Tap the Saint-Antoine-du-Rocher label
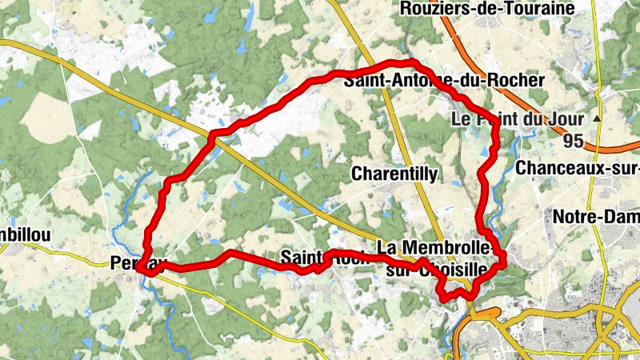(x=443, y=80)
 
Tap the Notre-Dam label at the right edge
(x=596, y=217)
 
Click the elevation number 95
(x=572, y=141)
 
